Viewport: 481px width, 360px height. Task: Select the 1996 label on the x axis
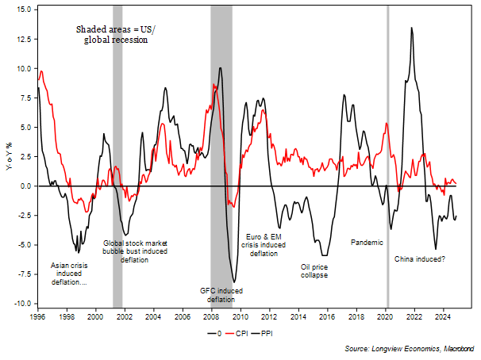[x=37, y=316]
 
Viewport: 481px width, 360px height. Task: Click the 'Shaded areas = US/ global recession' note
[x=115, y=33]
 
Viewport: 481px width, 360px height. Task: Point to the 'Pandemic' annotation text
[x=367, y=243]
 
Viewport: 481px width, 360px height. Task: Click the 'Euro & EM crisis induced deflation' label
[x=264, y=244]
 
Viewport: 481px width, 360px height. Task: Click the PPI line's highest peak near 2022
[x=411, y=29]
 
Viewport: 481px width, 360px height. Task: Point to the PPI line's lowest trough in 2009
[x=234, y=281]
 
